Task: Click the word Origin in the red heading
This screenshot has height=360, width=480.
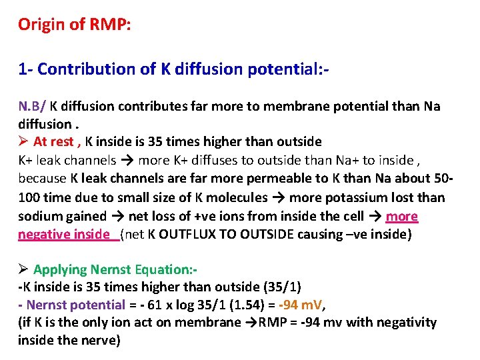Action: point(37,25)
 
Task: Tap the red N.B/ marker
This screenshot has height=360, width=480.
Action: point(32,107)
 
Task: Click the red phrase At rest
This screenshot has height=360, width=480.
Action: point(55,142)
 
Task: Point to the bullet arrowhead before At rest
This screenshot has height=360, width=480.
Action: point(23,142)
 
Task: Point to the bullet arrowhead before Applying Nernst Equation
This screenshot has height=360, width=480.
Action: point(23,270)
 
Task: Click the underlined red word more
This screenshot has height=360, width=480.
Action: point(402,216)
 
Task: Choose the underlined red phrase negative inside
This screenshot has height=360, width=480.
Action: point(64,235)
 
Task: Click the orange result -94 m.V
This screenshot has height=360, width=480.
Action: point(301,305)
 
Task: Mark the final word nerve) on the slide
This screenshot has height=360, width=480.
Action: point(101,341)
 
